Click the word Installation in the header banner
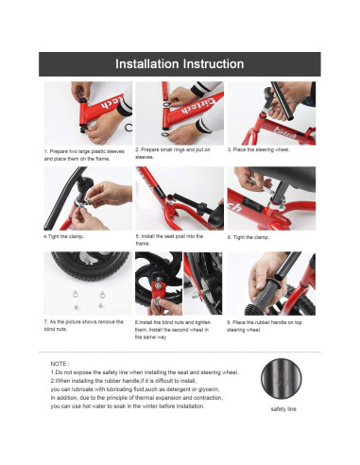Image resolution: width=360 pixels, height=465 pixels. click(x=146, y=64)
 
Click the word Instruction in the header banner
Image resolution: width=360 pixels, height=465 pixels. click(x=214, y=64)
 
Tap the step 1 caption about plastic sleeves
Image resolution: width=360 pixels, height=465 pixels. click(x=84, y=155)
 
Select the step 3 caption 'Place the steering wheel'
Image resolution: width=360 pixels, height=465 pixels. click(x=258, y=149)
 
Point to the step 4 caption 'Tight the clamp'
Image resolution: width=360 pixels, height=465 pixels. click(x=64, y=236)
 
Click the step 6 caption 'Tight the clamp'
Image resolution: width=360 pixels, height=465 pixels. click(x=249, y=237)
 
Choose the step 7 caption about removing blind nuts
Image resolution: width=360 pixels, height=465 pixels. click(x=84, y=325)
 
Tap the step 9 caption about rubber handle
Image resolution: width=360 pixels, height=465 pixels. click(x=265, y=326)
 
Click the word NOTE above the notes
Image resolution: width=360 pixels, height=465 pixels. click(x=60, y=364)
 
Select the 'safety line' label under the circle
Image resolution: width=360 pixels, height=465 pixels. click(x=283, y=409)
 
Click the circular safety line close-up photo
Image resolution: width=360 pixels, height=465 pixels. click(x=281, y=379)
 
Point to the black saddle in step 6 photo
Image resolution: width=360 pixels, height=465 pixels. click(x=283, y=177)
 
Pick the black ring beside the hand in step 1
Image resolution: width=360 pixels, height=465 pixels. click(x=129, y=128)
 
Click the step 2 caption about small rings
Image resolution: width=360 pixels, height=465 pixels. click(x=173, y=153)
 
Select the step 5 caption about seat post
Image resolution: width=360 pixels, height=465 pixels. click(x=169, y=240)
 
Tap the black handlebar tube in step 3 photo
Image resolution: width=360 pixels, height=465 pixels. click(x=283, y=101)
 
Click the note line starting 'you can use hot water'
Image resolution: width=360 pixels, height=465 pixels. click(x=128, y=406)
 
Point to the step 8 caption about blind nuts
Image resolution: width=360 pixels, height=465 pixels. click(x=173, y=330)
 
